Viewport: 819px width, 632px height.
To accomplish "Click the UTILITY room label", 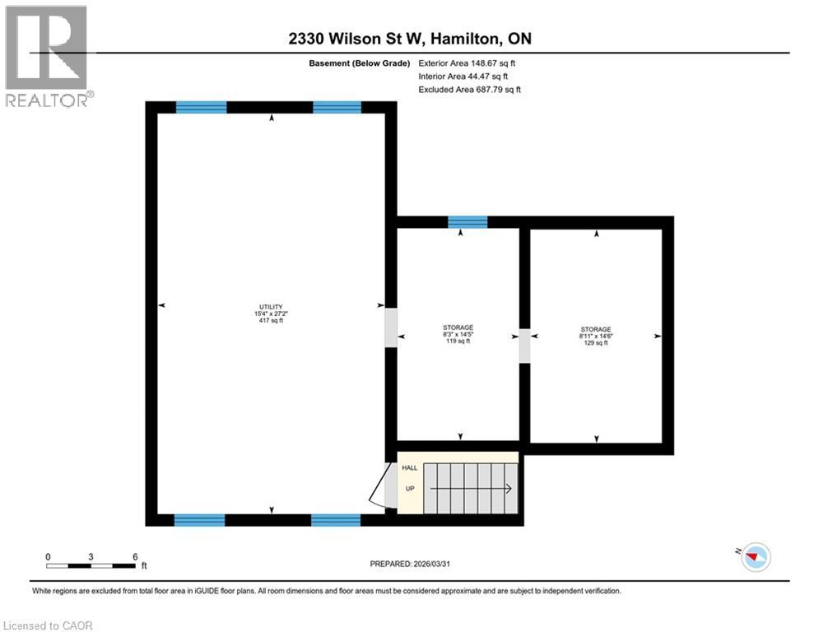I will pos(271,306).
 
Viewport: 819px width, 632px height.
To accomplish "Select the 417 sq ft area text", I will pos(271,321).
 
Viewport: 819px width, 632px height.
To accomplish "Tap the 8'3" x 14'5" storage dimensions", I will pos(458,334).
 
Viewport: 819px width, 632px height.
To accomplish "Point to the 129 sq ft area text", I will pos(595,342).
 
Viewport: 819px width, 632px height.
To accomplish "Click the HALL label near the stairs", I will pos(409,467).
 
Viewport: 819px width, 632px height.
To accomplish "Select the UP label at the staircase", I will pos(409,488).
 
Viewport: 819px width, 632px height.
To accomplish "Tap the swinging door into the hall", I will pos(379,486).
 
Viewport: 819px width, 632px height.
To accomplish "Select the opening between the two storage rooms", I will pos(524,346).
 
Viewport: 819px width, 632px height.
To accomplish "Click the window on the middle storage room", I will pos(468,222).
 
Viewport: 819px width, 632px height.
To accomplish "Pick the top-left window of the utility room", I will pos(202,107).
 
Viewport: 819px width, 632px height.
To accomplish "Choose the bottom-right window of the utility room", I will pos(336,519).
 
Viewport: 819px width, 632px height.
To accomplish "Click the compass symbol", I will pos(754,557).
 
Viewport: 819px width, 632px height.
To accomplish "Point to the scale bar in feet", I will pos(91,565).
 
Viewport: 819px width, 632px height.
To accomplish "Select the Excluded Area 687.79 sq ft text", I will pos(469,89).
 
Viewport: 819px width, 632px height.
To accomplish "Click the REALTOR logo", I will pos(47,56).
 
